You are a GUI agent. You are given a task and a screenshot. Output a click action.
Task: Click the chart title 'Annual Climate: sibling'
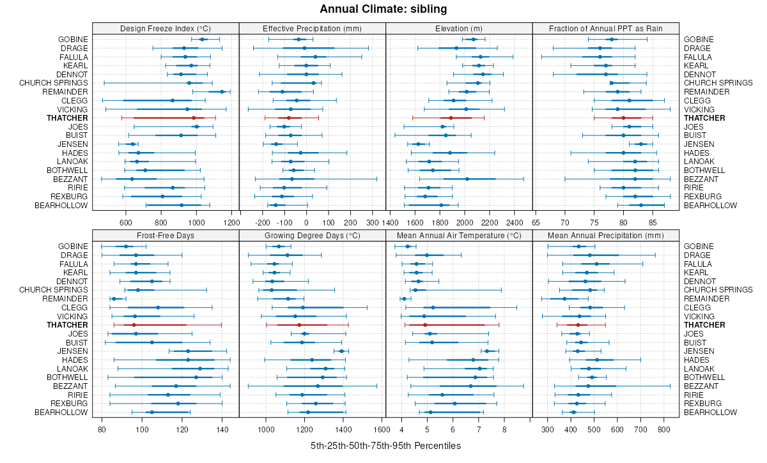point(383,9)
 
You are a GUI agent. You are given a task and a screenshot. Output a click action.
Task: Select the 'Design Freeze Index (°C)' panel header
point(166,28)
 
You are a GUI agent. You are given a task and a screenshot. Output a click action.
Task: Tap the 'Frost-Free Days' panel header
point(166,235)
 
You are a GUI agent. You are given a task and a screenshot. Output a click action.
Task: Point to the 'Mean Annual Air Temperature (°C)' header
point(459,235)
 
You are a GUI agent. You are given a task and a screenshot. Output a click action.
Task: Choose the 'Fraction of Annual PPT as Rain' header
point(605,28)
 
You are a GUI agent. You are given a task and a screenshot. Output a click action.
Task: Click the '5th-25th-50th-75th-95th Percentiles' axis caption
point(385,445)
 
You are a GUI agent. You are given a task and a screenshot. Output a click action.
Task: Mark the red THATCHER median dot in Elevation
point(451,118)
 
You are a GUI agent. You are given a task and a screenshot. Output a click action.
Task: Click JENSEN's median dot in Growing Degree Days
point(341,351)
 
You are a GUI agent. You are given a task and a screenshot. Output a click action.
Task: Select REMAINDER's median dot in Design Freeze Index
point(222,92)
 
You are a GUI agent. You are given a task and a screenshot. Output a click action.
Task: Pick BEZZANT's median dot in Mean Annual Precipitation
point(588,386)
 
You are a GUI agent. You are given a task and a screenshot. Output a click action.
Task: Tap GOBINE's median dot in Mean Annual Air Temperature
point(408,247)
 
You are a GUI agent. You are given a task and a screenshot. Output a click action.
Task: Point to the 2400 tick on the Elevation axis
point(514,223)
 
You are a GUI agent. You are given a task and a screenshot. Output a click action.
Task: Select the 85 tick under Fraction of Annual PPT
point(653,223)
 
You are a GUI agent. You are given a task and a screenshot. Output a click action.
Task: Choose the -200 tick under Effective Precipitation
point(263,223)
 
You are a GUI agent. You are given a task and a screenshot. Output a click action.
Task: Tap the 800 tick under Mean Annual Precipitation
point(663,430)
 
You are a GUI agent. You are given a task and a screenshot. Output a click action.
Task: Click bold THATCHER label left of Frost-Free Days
point(68,325)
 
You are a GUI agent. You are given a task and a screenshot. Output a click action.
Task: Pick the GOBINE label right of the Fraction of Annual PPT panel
point(699,40)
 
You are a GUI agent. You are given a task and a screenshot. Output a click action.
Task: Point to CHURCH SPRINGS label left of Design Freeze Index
point(54,83)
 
